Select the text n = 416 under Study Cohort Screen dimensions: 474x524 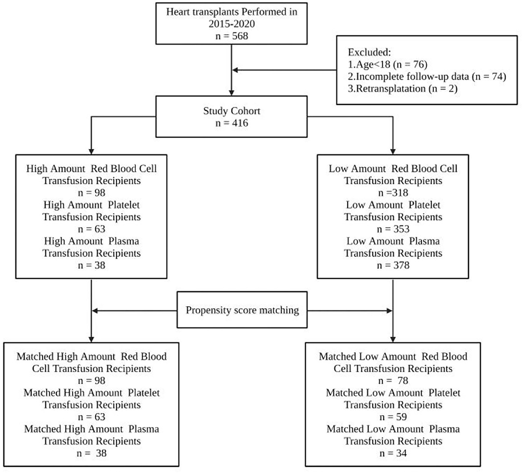233,123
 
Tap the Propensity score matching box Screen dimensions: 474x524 242,310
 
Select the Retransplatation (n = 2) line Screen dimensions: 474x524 402,89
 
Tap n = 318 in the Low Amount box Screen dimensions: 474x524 393,193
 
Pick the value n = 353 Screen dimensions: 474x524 393,229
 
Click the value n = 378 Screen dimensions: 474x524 393,265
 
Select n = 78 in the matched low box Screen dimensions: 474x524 393,381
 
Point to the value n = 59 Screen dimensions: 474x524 393,417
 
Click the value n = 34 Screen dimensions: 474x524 393,453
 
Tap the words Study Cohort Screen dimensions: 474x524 233,110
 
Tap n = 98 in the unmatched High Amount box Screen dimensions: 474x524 91,193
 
